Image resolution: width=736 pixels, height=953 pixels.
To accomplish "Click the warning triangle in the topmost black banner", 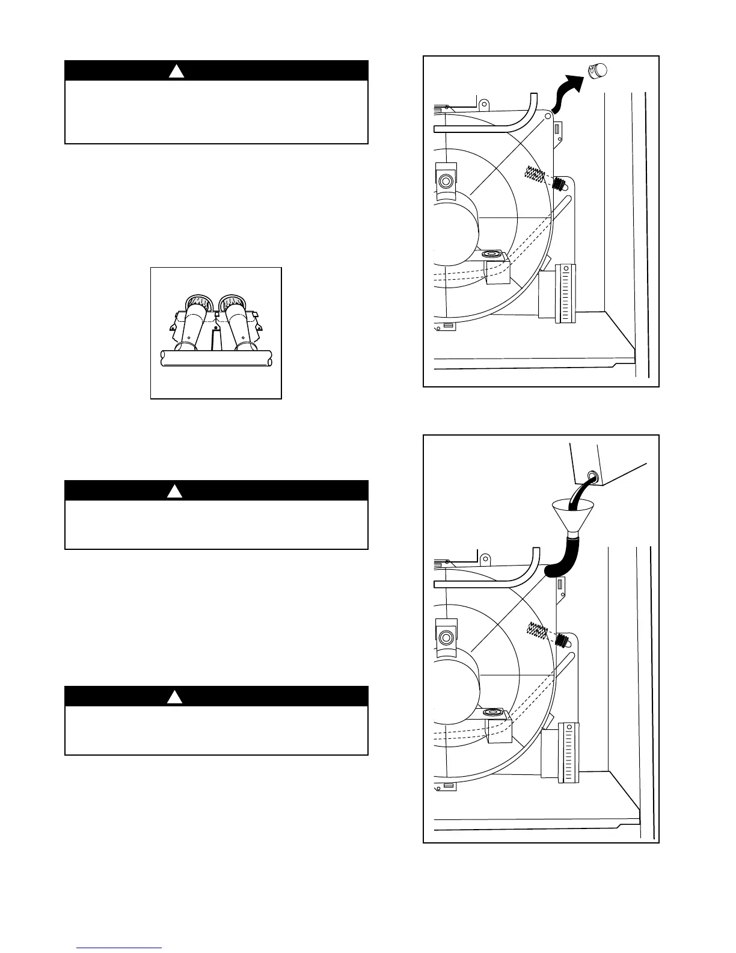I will click(x=175, y=71).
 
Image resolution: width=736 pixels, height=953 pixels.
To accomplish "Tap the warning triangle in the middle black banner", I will click(x=174, y=491).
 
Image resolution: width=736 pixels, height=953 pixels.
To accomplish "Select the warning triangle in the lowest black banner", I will click(x=174, y=697).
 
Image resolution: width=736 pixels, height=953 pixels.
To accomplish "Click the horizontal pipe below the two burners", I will click(x=215, y=359).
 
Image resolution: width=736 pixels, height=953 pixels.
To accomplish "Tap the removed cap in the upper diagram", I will click(x=598, y=70).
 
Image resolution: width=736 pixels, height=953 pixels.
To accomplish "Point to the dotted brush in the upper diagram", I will click(x=535, y=175).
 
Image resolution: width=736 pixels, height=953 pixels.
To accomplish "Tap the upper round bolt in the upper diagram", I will click(x=446, y=180).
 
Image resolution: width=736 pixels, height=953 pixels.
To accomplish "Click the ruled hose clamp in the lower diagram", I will click(x=568, y=753).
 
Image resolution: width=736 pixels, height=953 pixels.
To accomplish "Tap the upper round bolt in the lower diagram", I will click(x=446, y=637).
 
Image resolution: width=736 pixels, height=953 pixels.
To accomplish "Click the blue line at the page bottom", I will click(x=119, y=948).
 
